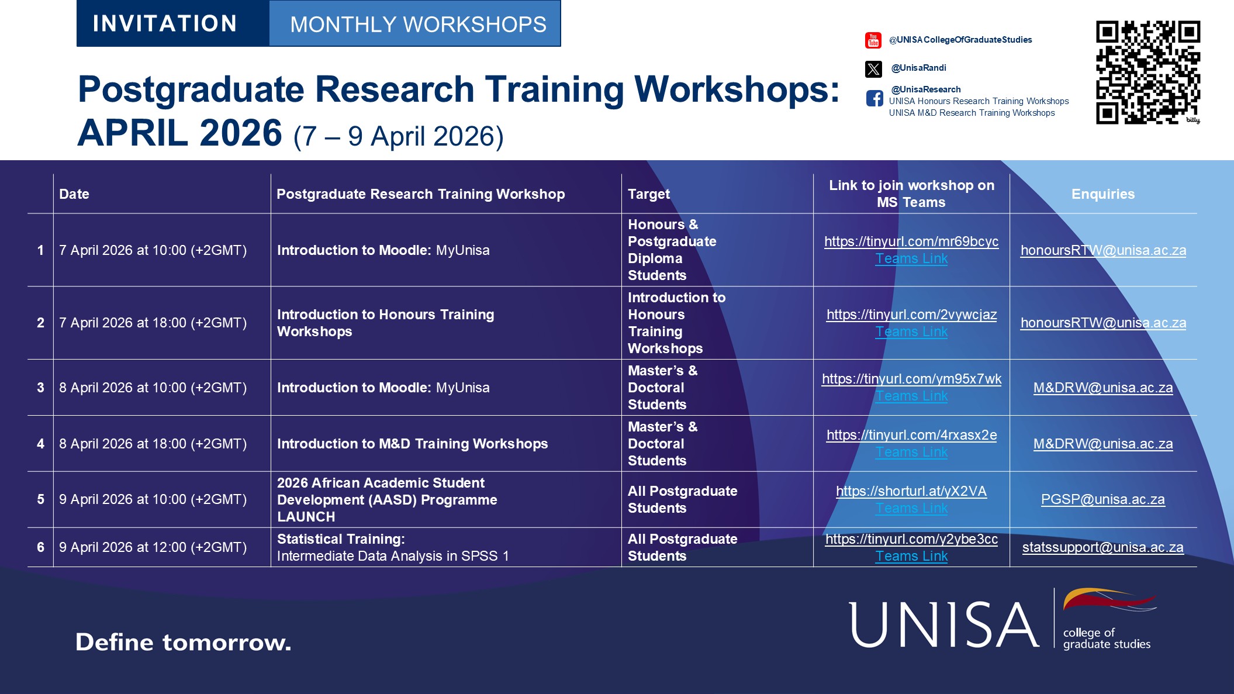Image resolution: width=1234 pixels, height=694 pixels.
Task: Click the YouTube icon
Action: click(873, 40)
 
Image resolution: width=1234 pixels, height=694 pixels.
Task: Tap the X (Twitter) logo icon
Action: click(873, 69)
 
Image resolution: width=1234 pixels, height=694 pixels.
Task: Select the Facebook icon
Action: click(874, 98)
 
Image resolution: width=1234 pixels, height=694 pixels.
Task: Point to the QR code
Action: click(1147, 72)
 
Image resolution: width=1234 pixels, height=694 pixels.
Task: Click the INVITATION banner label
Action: click(165, 24)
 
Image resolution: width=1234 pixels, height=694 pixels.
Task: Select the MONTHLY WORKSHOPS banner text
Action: click(418, 25)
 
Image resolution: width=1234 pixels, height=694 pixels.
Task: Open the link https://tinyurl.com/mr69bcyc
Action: click(911, 241)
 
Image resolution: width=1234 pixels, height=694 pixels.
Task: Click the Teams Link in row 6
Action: click(911, 556)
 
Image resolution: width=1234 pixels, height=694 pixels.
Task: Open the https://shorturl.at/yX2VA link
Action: click(911, 491)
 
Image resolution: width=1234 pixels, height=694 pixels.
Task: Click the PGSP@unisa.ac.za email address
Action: click(1102, 499)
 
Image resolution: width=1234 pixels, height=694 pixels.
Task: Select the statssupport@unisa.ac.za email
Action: click(1102, 547)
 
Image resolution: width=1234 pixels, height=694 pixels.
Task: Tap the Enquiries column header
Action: click(1102, 194)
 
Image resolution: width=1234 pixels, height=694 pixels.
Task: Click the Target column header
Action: click(649, 194)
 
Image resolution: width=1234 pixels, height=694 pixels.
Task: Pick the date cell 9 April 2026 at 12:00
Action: click(153, 547)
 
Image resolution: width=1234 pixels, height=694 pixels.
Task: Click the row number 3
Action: click(40, 388)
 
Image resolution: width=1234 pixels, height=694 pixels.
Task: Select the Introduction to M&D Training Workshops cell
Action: click(412, 444)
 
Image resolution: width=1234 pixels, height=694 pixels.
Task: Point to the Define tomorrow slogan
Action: click(183, 642)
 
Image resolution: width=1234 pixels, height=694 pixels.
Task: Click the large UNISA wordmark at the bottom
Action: click(943, 625)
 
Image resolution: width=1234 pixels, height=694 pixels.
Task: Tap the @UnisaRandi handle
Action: click(918, 68)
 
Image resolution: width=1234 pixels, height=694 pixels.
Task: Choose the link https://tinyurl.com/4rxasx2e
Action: click(911, 435)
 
